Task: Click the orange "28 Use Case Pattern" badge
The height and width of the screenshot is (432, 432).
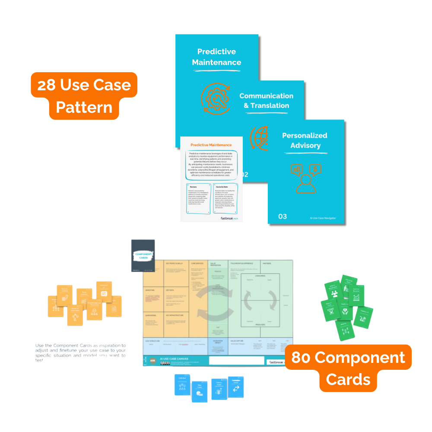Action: pyautogui.click(x=84, y=95)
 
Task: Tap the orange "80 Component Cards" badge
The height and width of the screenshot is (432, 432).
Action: pyautogui.click(x=348, y=368)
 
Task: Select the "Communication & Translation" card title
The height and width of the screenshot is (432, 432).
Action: pyautogui.click(x=267, y=101)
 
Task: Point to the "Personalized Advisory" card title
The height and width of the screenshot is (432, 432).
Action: pyautogui.click(x=305, y=140)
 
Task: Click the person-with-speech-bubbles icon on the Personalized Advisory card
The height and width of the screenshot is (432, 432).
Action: pyautogui.click(x=306, y=177)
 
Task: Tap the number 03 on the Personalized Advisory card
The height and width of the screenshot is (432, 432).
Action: pyautogui.click(x=282, y=216)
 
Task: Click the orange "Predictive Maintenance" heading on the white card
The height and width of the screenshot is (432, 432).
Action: pyautogui.click(x=211, y=145)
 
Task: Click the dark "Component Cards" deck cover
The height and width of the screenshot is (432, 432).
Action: pyautogui.click(x=143, y=255)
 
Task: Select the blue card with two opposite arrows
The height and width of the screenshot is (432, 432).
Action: pyautogui.click(x=236, y=387)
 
